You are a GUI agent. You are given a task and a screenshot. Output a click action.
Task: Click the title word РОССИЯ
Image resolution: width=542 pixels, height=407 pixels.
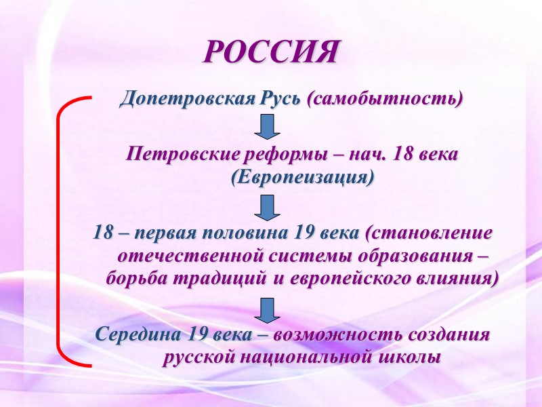coord(270,52)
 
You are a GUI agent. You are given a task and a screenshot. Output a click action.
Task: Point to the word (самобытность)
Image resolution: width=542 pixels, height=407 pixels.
coord(385,99)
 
